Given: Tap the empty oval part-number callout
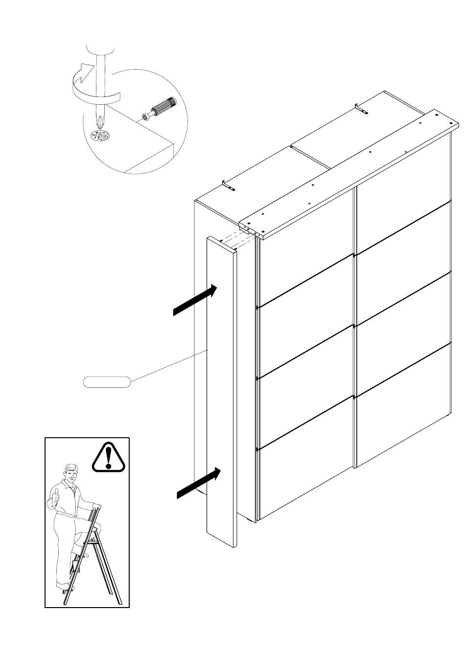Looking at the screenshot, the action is (107, 382).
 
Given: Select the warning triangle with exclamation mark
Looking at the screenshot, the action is (109, 457).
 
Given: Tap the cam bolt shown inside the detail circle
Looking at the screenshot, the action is (160, 108).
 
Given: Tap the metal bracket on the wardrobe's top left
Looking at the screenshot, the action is (229, 187).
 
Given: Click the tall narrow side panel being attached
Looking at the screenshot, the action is (221, 392).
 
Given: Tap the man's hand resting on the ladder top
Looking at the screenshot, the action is (97, 507).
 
